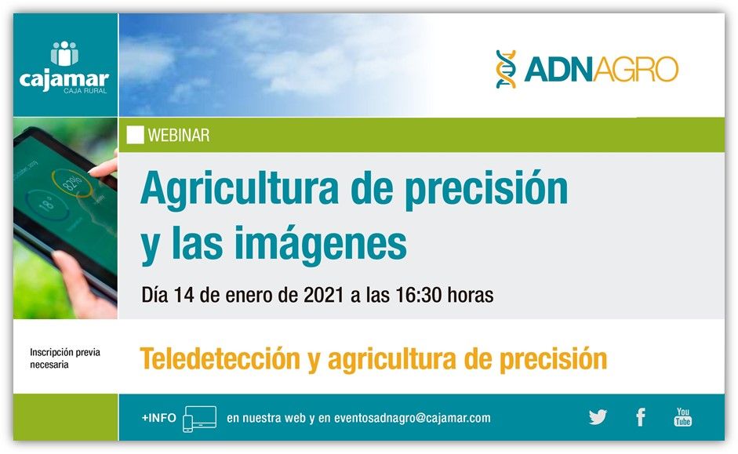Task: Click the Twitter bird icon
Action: click(x=598, y=417)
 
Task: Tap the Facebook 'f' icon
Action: click(x=640, y=417)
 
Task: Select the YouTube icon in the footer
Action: click(x=682, y=417)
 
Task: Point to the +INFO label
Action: click(x=158, y=418)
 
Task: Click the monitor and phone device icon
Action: click(x=198, y=419)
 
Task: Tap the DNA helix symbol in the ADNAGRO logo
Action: click(x=506, y=69)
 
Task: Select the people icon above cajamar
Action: click(x=64, y=54)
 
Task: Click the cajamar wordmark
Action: click(x=64, y=78)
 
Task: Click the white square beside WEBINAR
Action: click(x=135, y=135)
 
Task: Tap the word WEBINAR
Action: click(x=178, y=136)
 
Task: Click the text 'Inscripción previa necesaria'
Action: click(x=65, y=358)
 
